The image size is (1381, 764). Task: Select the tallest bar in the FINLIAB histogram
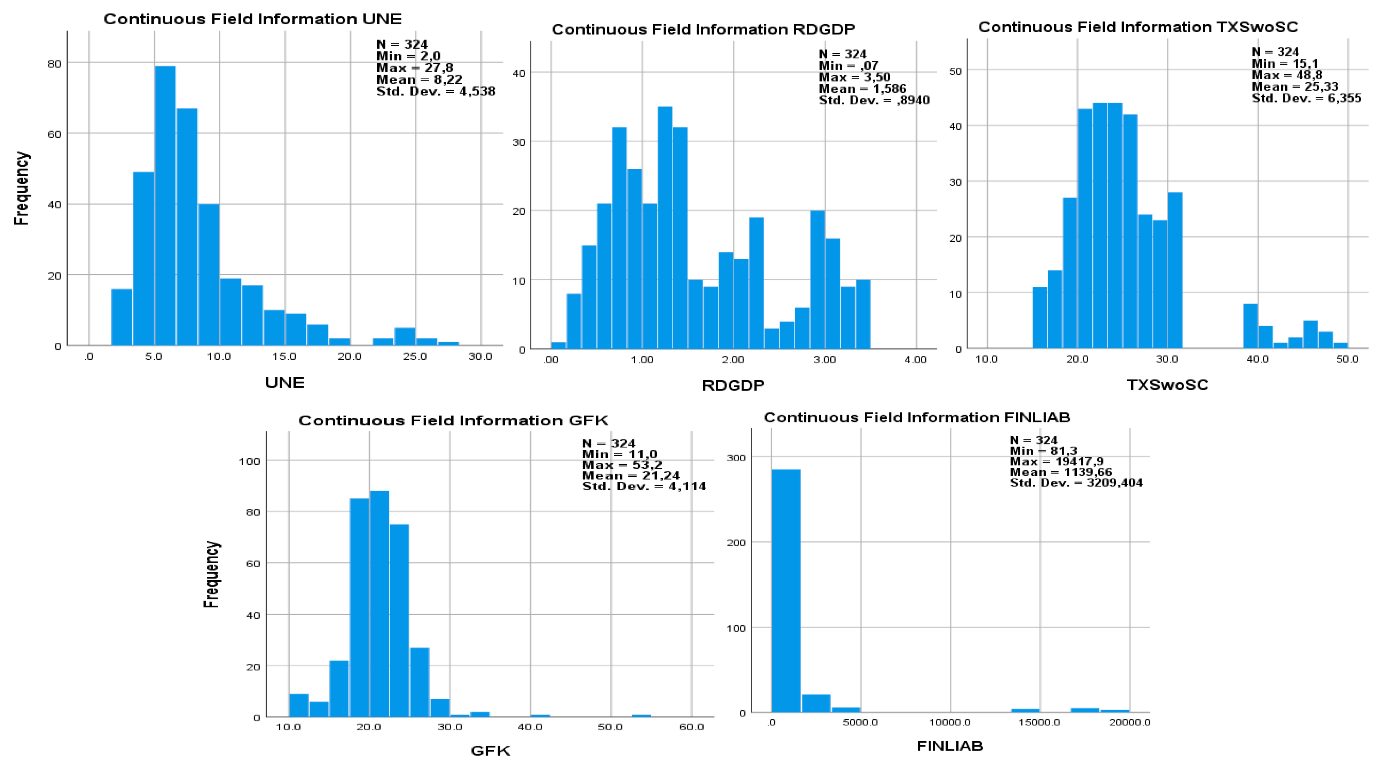785,590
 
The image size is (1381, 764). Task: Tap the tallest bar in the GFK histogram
379,603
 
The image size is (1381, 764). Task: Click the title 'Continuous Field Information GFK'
453,421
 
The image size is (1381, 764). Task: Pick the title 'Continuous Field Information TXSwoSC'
1138,27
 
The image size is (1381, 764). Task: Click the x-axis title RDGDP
732,385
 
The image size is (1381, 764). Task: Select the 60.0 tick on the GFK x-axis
690,727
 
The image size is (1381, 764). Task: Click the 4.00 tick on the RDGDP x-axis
915,360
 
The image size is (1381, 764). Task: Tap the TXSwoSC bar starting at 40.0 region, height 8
1250,326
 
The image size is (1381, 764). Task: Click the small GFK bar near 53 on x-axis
641,716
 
